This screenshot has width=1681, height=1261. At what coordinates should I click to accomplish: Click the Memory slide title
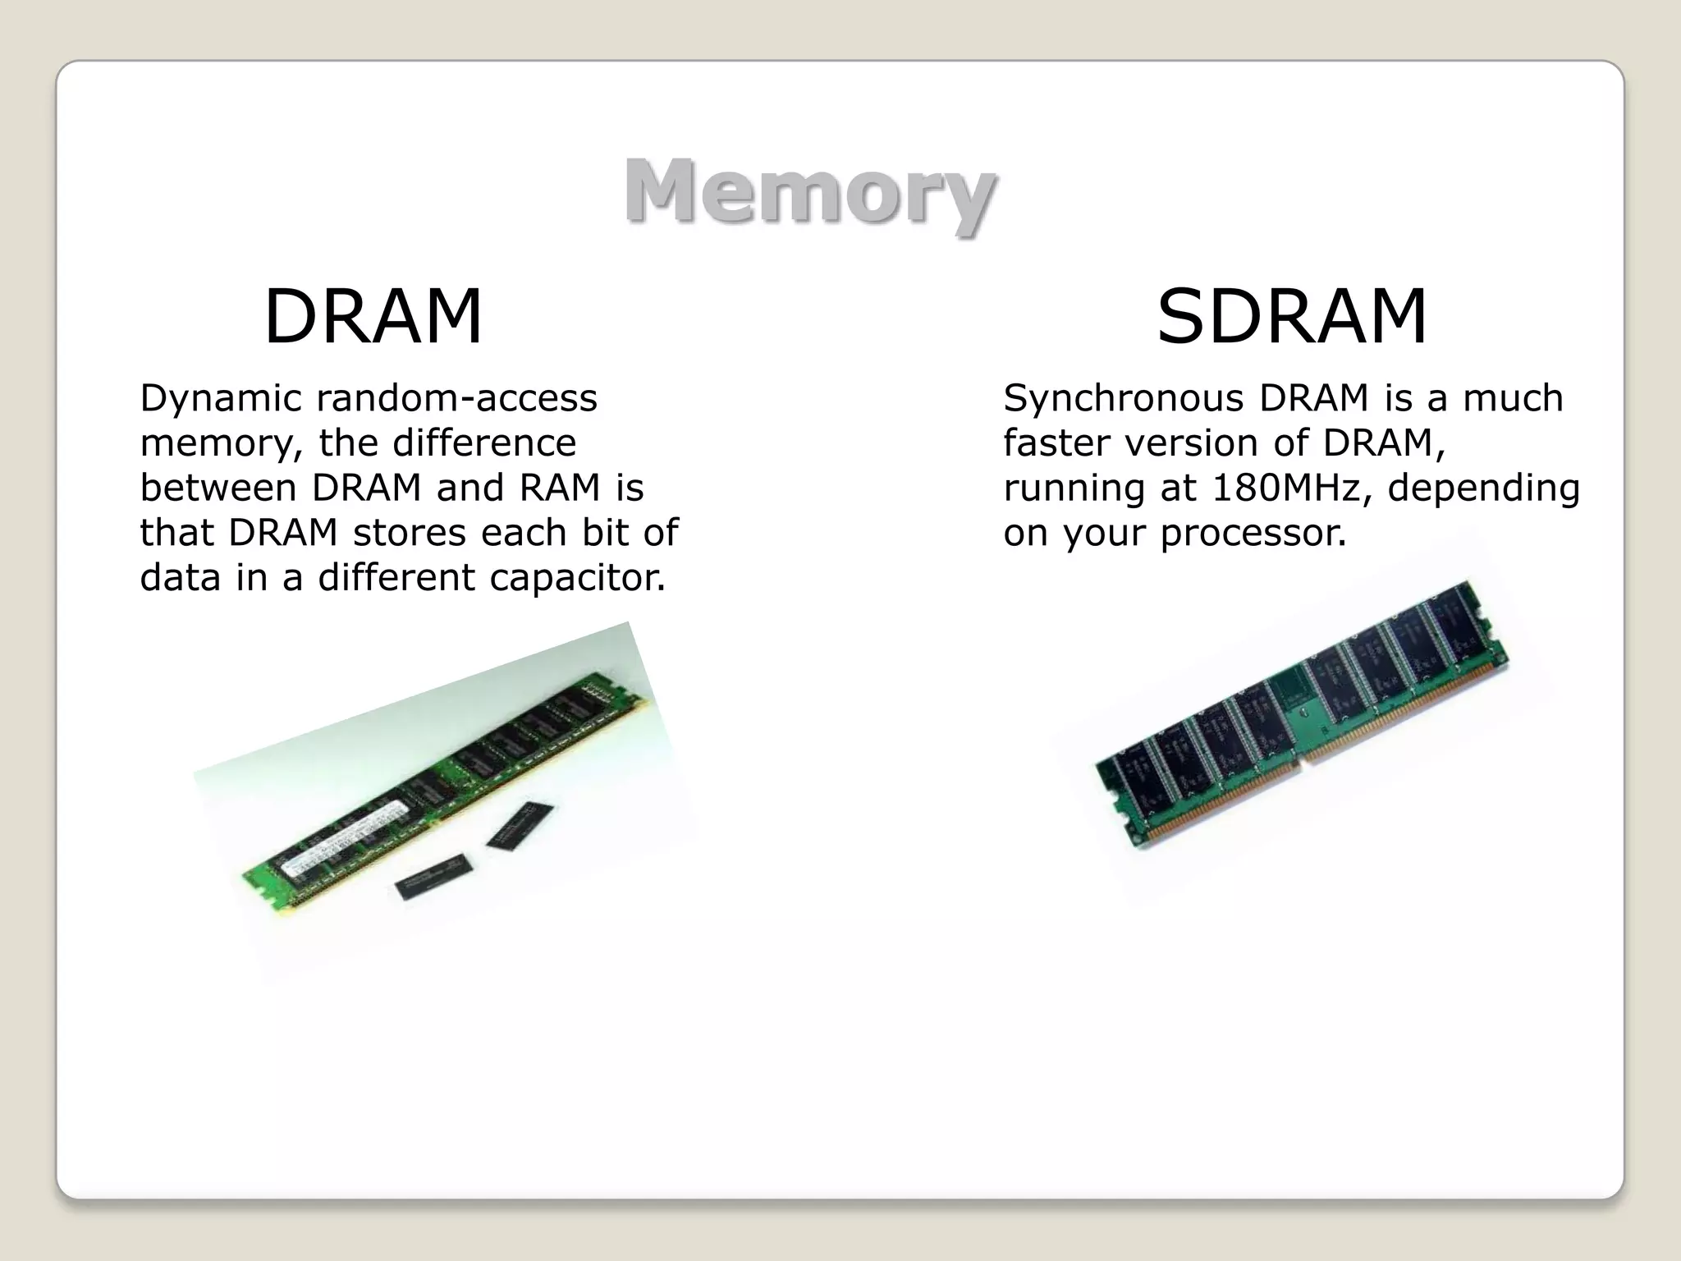809,192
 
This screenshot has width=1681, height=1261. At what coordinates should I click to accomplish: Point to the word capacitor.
578,577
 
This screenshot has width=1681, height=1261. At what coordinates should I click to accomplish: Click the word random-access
457,399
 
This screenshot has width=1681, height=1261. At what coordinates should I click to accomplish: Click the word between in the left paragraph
218,488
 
